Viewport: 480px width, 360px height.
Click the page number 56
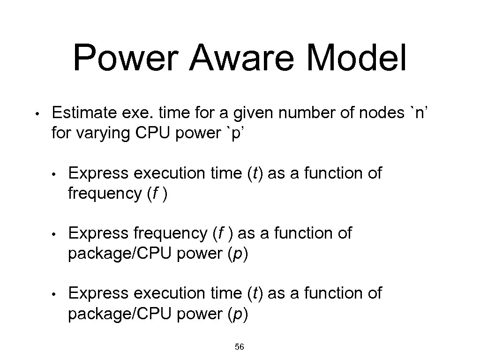point(240,347)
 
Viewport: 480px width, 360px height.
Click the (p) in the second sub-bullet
point(238,253)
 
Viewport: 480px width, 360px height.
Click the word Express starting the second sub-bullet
point(98,233)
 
